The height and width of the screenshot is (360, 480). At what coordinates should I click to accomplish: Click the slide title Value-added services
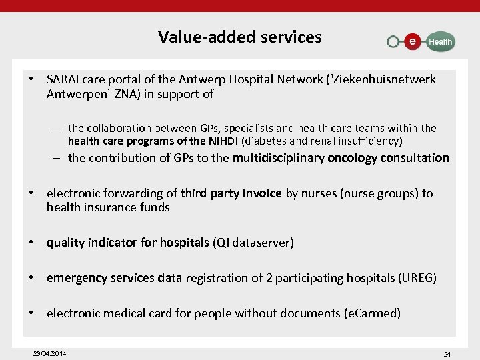coord(239,37)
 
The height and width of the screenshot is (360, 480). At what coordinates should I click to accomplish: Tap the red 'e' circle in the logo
coord(413,41)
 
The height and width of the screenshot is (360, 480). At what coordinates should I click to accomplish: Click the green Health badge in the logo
coord(440,41)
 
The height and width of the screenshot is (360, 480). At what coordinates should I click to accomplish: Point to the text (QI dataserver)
coord(253,243)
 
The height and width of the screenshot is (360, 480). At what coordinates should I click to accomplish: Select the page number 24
coord(447,354)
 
